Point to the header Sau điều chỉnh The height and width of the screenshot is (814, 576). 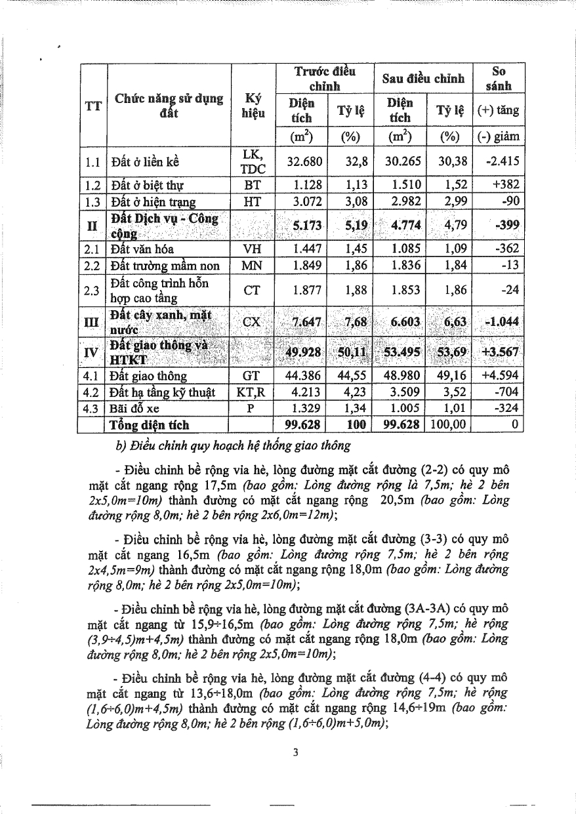[423, 79]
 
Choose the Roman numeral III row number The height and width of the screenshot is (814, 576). [93, 322]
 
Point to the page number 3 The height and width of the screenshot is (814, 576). [296, 753]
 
